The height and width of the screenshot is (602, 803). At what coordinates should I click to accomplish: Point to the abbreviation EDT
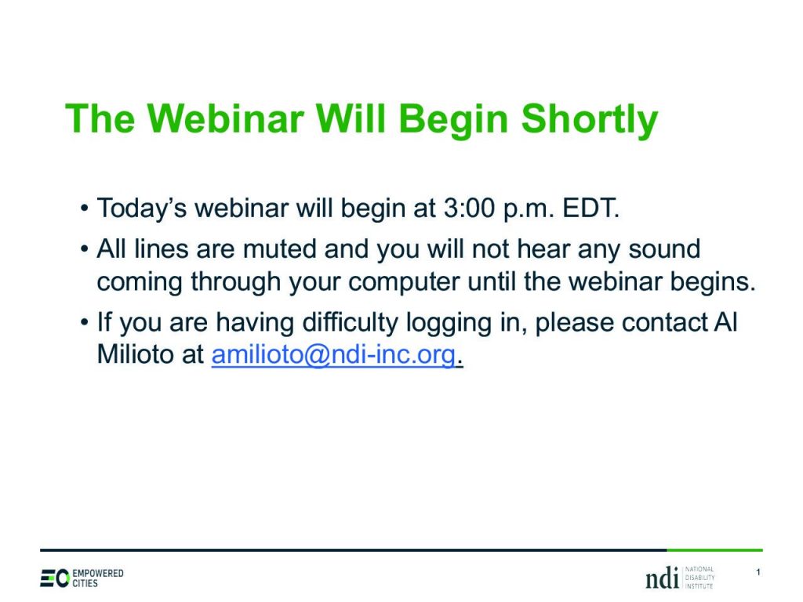point(591,208)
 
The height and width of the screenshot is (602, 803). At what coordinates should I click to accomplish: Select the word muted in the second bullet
point(280,249)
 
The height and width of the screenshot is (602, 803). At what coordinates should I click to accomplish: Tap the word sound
point(664,249)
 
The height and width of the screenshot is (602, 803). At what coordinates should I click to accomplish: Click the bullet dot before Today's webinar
point(84,209)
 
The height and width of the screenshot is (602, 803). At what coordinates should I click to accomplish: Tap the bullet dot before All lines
point(84,250)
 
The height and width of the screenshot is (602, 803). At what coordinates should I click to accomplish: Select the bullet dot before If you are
point(84,323)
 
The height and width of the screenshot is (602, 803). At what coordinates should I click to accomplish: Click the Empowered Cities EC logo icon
point(54,578)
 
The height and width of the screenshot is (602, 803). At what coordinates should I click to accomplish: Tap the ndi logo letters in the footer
point(662,578)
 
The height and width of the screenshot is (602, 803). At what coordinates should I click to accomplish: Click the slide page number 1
point(758,572)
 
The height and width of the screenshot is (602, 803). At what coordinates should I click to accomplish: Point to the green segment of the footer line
point(715,550)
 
